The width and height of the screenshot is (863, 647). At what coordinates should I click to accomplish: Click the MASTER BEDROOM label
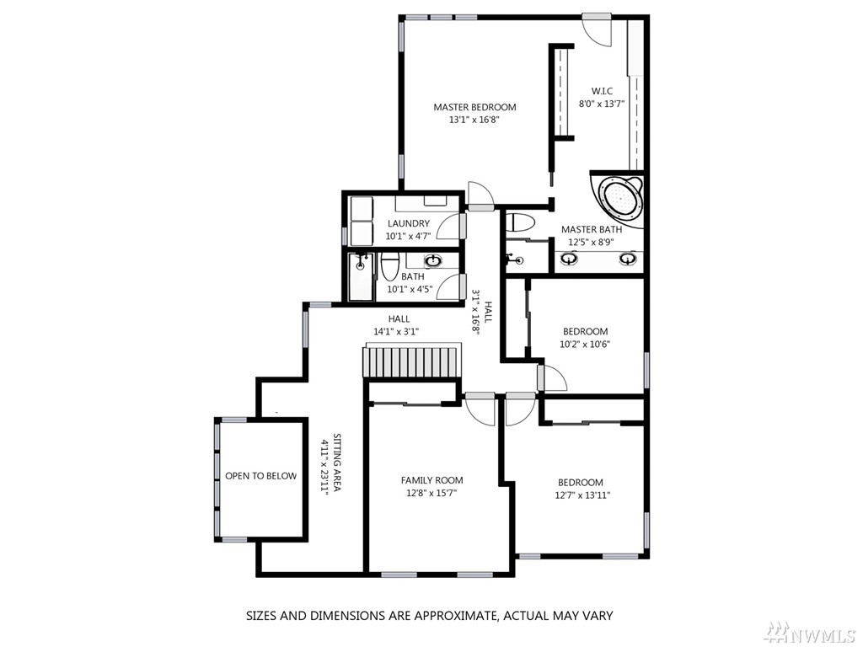click(x=474, y=107)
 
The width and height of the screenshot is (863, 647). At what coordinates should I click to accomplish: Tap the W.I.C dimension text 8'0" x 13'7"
click(x=602, y=104)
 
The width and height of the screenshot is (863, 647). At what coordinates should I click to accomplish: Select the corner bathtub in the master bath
click(x=619, y=199)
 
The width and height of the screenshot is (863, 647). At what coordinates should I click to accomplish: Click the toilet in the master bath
click(x=520, y=222)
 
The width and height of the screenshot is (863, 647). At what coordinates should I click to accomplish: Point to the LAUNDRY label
click(x=409, y=223)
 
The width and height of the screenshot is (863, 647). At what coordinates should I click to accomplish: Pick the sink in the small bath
click(x=433, y=260)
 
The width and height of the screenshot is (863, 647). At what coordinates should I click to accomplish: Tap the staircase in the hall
click(x=410, y=361)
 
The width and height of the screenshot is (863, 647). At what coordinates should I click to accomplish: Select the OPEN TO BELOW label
click(x=261, y=476)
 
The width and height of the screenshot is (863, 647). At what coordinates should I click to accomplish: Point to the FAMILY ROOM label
click(x=432, y=480)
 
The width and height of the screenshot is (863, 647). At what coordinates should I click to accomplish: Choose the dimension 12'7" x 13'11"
click(x=582, y=495)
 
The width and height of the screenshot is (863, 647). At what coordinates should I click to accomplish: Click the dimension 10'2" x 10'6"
click(x=585, y=345)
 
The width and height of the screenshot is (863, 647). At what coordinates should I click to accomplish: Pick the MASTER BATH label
click(x=592, y=229)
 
